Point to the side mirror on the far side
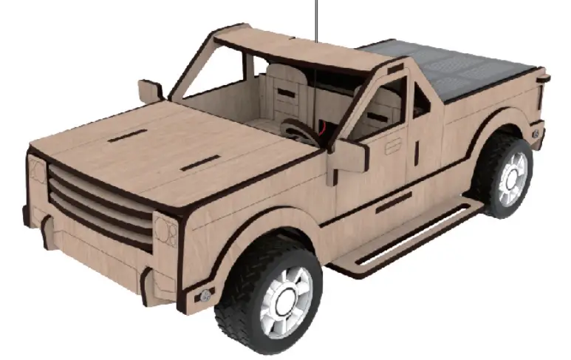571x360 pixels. coord(150,91)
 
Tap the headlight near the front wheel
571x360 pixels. coord(165,229)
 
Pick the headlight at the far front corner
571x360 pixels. coord(35,174)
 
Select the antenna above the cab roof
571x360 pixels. coord(316,18)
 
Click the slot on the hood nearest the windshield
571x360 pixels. coord(127,136)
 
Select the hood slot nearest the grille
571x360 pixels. coord(198,162)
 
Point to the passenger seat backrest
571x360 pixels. coord(284,89)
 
